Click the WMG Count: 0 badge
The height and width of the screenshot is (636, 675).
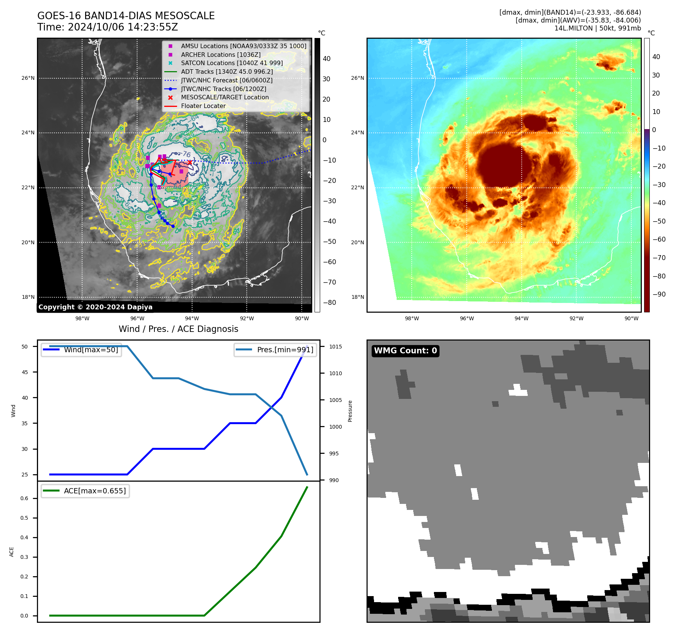(405, 351)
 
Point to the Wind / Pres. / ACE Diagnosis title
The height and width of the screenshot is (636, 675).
(178, 329)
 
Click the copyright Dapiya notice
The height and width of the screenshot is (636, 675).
(95, 307)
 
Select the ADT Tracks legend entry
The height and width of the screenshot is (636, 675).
(227, 72)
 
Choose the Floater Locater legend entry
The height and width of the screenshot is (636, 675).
(203, 106)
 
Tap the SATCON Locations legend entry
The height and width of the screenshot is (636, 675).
(232, 63)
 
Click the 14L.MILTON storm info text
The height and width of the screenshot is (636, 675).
(597, 28)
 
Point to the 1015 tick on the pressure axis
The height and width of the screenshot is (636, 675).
(335, 347)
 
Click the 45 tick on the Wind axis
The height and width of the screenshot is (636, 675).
(25, 372)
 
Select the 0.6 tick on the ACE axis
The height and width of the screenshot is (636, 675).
(24, 498)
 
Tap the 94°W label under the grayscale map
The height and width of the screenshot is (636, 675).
(192, 318)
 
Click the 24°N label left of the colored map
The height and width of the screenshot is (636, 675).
(357, 132)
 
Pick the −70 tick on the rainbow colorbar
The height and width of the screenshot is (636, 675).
(659, 258)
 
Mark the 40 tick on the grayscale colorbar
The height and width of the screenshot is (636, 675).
(327, 59)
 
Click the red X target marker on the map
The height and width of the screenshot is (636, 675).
(190, 163)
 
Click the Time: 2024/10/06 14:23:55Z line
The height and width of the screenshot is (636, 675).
(107, 27)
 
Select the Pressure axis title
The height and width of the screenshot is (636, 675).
(350, 411)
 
